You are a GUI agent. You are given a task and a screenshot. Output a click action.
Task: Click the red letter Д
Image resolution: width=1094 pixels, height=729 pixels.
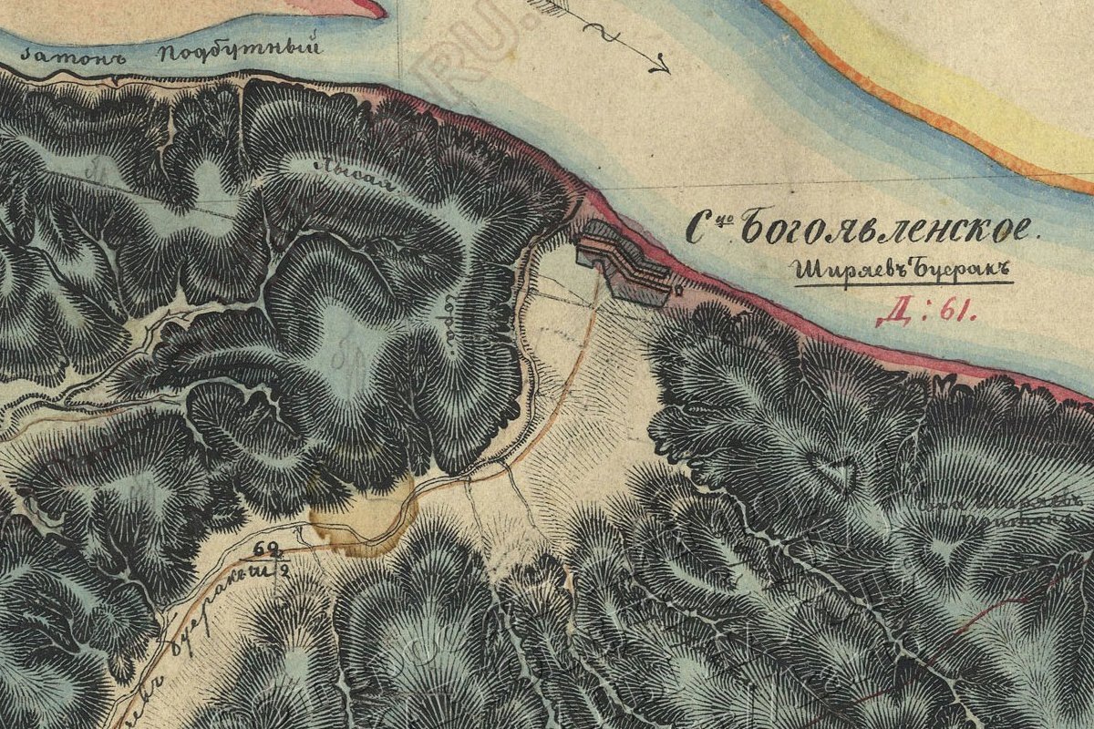(890, 314)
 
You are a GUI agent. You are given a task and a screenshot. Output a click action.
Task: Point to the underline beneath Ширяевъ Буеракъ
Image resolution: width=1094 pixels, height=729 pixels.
(903, 284)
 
